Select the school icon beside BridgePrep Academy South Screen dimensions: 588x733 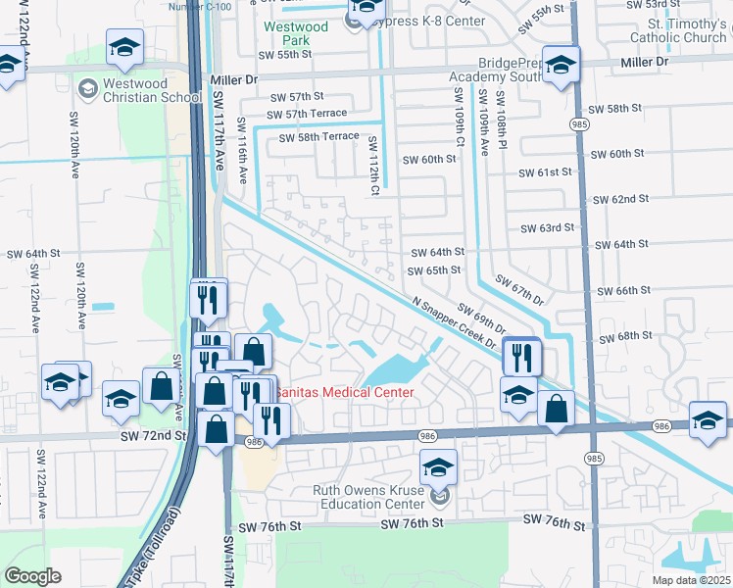click(x=561, y=67)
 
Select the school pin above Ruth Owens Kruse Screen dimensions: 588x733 click(x=438, y=466)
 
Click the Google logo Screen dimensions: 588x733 click(x=32, y=576)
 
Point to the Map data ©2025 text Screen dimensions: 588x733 click(x=691, y=580)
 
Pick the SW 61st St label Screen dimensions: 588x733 click(x=546, y=172)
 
